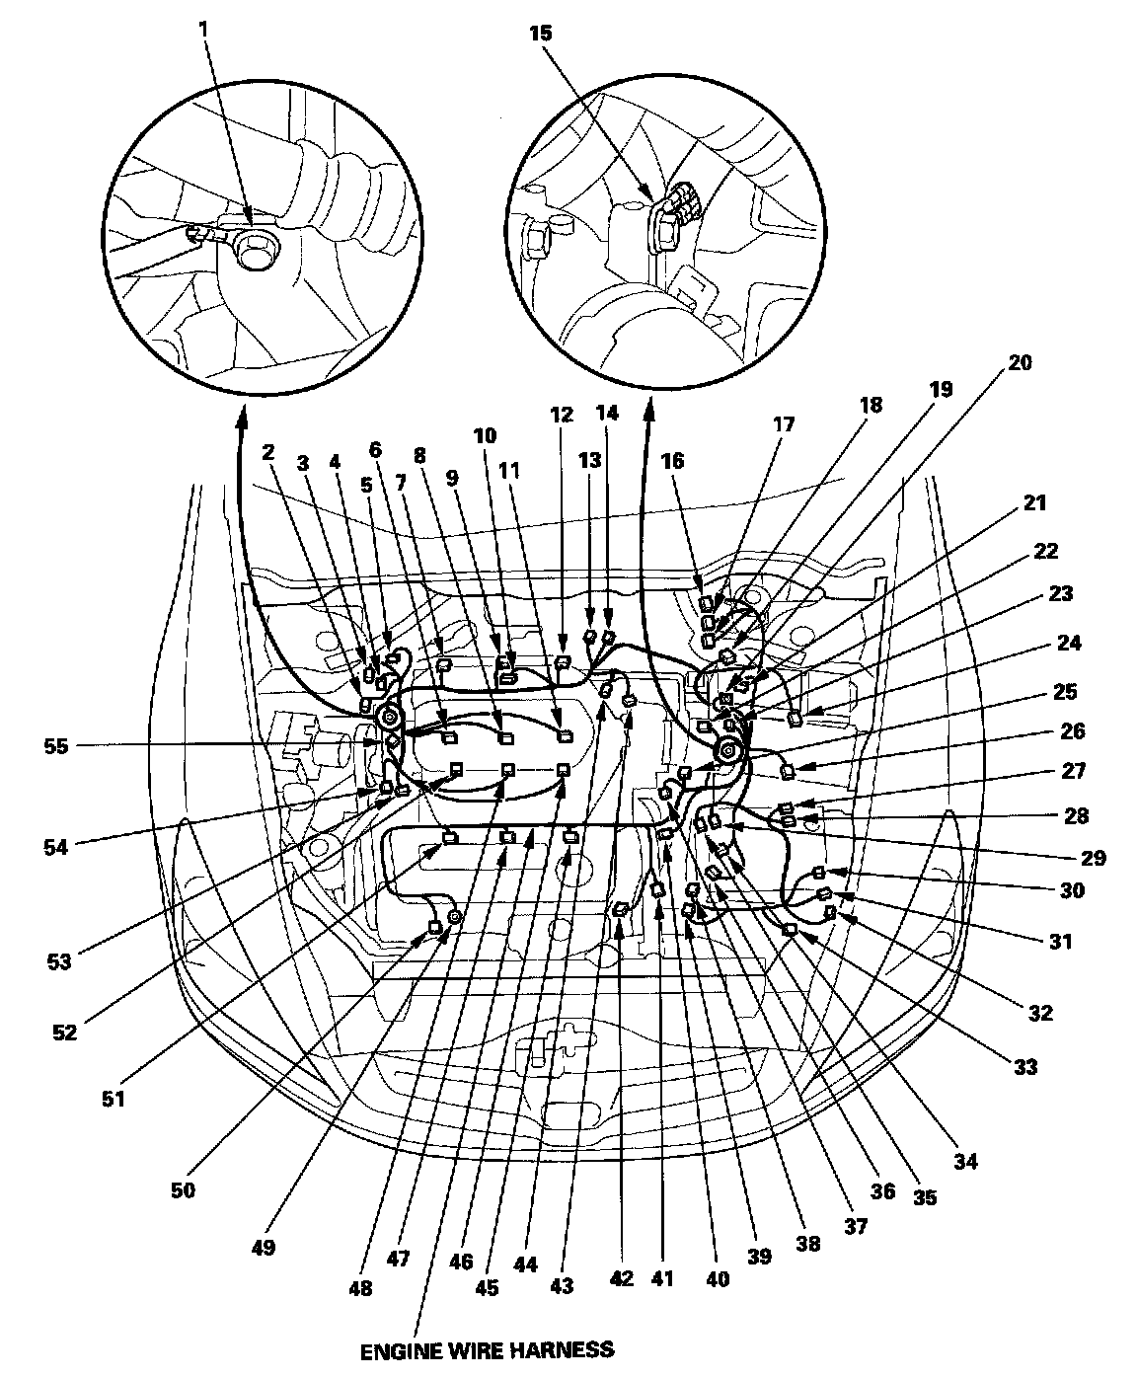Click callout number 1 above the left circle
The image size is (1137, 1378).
pyautogui.click(x=203, y=31)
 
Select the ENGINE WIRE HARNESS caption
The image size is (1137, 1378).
pyautogui.click(x=486, y=1348)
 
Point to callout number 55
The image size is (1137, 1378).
pyautogui.click(x=55, y=746)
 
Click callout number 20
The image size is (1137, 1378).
pyautogui.click(x=1020, y=362)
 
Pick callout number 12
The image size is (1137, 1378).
pyautogui.click(x=562, y=415)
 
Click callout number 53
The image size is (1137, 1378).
pyautogui.click(x=59, y=959)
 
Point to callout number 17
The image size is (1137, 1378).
pyautogui.click(x=783, y=424)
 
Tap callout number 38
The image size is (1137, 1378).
pyautogui.click(x=807, y=1246)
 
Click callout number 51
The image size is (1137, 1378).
pyautogui.click(x=114, y=1097)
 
